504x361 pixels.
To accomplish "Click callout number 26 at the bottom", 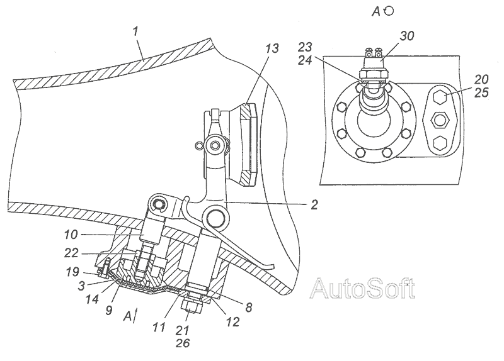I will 182,343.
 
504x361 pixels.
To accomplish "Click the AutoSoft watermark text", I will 364,288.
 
